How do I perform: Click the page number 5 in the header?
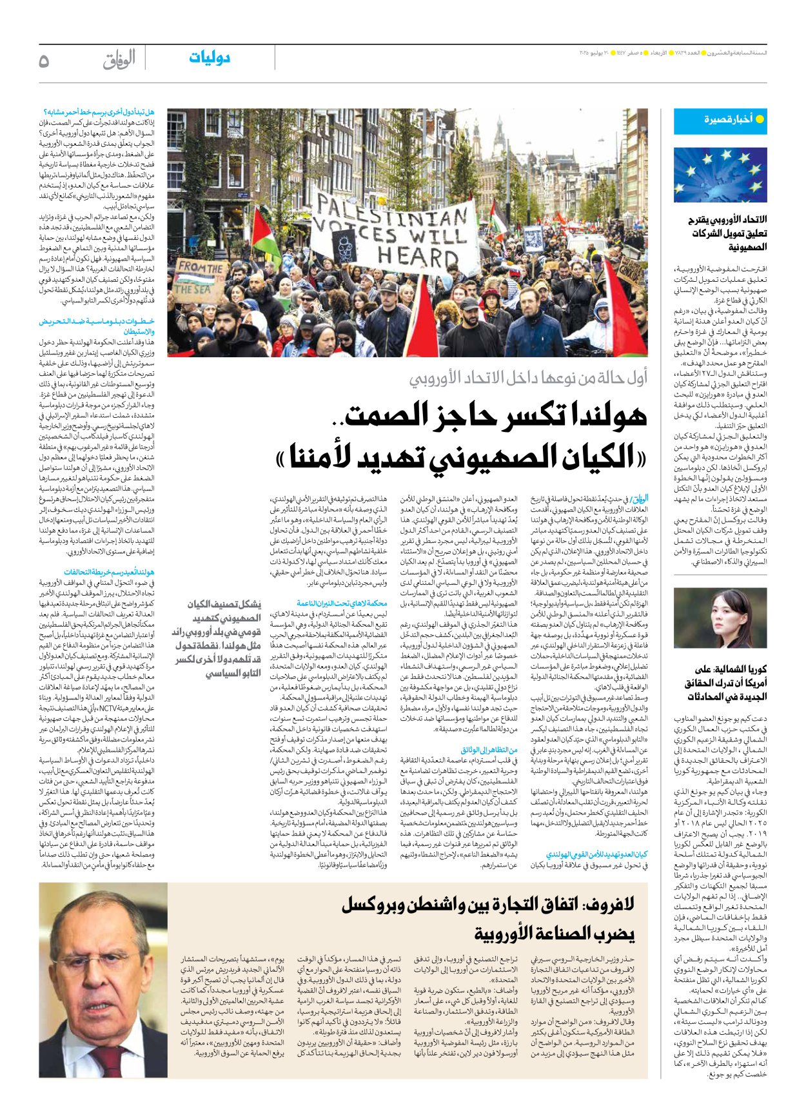(x=44, y=61)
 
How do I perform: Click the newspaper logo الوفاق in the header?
(x=119, y=60)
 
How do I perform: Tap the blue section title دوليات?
(x=210, y=58)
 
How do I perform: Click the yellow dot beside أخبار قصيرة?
(x=760, y=119)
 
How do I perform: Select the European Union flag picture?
(x=720, y=175)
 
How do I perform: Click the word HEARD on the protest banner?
(x=418, y=257)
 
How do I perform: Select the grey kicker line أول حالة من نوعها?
(x=529, y=378)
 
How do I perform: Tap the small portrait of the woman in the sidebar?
(x=720, y=618)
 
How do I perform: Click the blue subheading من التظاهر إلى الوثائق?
(x=489, y=750)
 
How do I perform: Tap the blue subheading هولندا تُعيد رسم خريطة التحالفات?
(x=110, y=572)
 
